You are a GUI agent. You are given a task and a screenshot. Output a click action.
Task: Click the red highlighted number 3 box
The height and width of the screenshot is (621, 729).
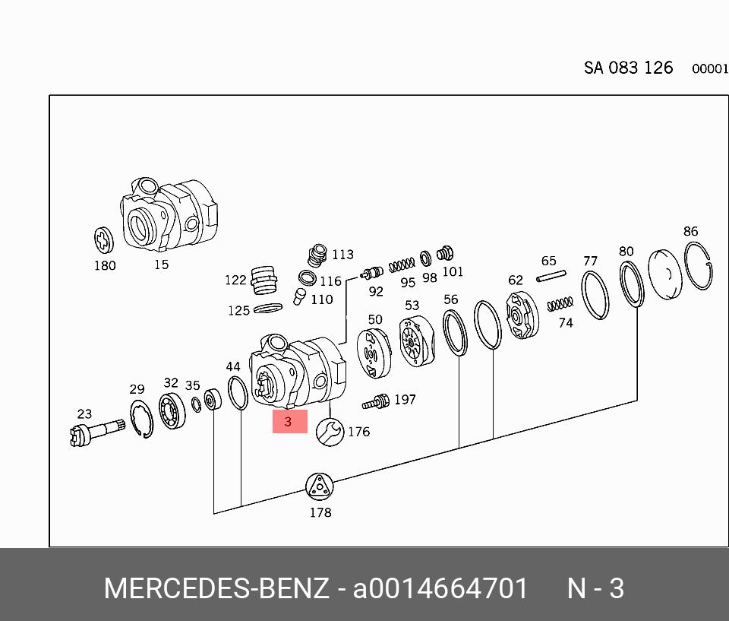pos(289,421)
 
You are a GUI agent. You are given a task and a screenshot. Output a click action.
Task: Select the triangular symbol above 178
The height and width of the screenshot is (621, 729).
pos(320,486)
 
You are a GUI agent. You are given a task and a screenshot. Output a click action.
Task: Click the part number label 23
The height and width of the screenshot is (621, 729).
pos(84,414)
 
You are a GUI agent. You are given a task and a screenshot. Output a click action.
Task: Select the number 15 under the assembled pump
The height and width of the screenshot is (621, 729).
pos(161,265)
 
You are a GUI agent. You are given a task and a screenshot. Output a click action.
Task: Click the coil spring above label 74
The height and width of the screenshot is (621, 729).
pos(560,304)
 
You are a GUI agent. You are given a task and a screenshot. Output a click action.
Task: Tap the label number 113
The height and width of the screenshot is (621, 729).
pos(342,255)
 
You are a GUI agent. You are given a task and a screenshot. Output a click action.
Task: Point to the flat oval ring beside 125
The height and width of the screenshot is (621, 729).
pos(267,309)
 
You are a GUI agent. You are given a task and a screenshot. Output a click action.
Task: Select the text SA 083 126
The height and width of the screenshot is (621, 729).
pos(628,68)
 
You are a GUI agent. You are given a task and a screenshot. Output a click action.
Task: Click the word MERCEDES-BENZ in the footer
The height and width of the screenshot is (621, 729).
pos(216,588)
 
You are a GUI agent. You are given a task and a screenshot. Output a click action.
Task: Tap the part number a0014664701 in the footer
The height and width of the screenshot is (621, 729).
pos(440,588)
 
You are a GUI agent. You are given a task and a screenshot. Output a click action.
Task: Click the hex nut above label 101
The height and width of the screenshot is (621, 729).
pos(446,253)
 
